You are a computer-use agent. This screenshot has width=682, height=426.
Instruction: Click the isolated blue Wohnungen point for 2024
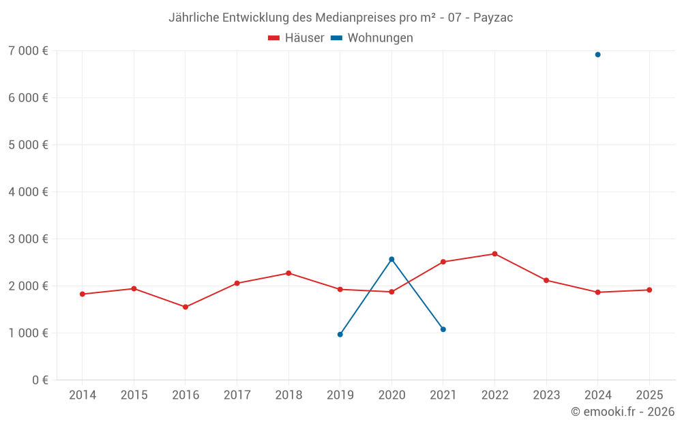[597, 55]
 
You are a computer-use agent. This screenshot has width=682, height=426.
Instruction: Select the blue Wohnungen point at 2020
[391, 259]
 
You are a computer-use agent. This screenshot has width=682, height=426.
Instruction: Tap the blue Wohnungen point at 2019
[340, 334]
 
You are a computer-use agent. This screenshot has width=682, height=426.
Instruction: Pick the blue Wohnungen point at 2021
[443, 329]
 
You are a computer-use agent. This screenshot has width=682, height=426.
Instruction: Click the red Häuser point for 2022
[494, 254]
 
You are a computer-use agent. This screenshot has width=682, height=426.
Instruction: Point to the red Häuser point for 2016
[186, 307]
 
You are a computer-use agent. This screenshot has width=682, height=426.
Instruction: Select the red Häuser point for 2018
[288, 273]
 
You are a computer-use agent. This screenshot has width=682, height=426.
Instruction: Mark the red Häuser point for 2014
[83, 294]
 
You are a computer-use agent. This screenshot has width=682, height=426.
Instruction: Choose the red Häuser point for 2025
[649, 290]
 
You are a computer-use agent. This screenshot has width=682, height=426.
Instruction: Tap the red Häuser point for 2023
[546, 280]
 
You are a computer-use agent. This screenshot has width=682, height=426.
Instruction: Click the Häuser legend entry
[296, 38]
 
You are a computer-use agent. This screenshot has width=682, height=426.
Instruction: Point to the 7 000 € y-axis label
[28, 50]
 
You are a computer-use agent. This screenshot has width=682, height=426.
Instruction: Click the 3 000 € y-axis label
[28, 239]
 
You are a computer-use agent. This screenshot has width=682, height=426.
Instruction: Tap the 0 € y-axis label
[40, 380]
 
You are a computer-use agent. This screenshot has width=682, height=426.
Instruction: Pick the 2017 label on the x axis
[237, 395]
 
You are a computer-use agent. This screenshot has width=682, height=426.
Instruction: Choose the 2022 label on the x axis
[494, 395]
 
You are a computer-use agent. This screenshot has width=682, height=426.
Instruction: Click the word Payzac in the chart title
[494, 18]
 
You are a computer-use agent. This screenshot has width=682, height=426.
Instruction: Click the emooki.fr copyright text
[623, 412]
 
